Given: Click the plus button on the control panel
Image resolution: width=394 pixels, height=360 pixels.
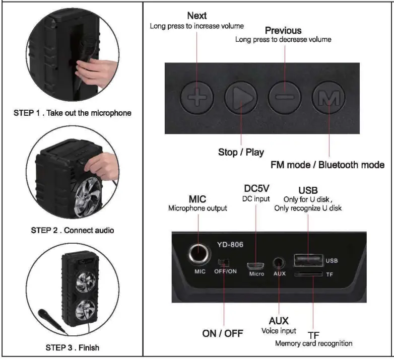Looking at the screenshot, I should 197,96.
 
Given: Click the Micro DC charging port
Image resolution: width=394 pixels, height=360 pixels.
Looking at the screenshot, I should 256,265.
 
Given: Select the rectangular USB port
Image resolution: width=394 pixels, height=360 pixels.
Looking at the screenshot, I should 307,260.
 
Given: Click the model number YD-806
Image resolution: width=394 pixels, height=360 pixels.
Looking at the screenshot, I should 230,245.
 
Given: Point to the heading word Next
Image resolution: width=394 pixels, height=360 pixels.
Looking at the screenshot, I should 196,16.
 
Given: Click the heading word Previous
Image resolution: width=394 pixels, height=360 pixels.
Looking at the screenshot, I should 283,31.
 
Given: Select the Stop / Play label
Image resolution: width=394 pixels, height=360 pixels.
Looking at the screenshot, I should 241,152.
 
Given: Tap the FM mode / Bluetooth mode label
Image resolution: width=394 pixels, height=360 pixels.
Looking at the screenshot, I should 327,165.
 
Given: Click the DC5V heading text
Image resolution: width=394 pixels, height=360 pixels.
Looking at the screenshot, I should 256,188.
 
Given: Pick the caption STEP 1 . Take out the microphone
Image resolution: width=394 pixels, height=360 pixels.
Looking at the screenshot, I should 73,113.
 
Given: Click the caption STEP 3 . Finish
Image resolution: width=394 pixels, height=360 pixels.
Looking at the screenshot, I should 73,347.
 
